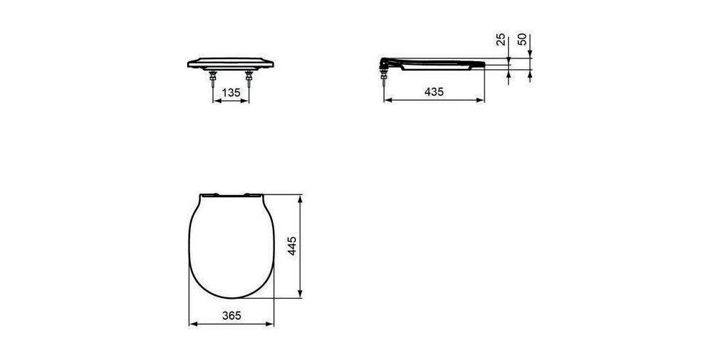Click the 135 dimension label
point(230,92)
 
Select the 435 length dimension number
point(433,92)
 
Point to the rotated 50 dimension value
point(523,40)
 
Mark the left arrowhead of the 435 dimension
point(386,101)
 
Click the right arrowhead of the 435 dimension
point(481,101)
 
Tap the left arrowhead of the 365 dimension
point(192,324)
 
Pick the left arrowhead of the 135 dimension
point(216,101)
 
